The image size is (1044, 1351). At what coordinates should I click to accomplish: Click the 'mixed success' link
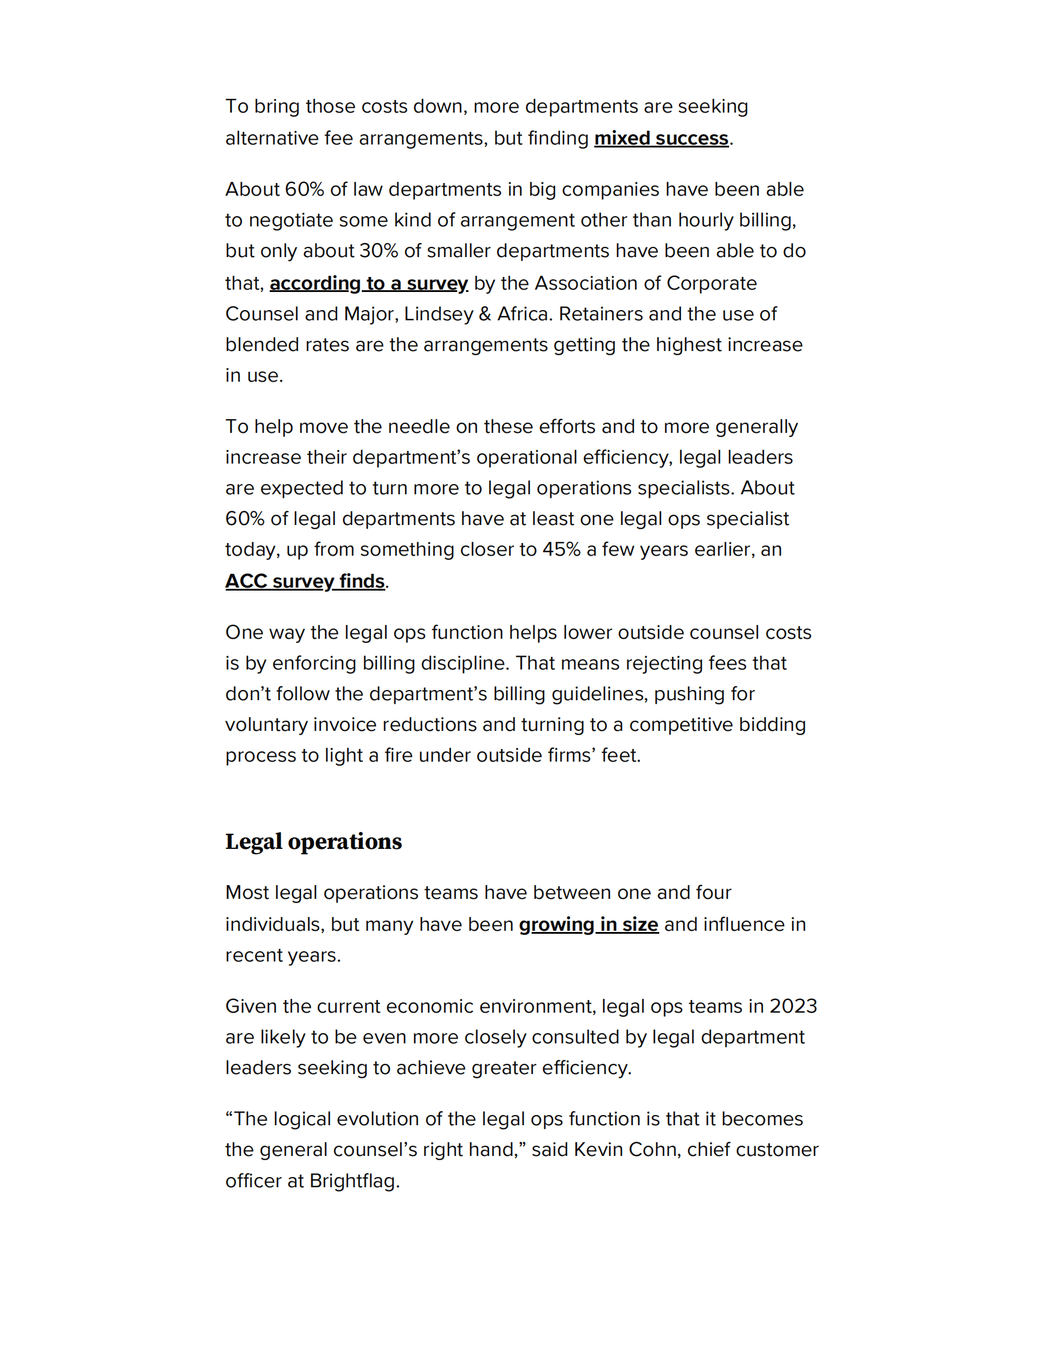point(660,138)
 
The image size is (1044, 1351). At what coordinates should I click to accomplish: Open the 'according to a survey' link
point(368,284)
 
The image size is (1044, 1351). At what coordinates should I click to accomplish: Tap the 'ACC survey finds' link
point(305,582)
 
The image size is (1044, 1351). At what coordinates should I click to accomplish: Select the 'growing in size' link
point(588,924)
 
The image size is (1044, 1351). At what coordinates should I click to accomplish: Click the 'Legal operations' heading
point(313,841)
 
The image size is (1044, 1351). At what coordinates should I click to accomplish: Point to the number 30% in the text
point(379,251)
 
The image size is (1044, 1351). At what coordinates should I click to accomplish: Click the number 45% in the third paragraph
point(561,549)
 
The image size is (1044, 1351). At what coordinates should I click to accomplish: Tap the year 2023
point(793,1007)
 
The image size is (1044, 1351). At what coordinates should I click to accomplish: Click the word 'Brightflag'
point(354,1181)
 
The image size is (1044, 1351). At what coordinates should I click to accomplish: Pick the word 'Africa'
point(523,314)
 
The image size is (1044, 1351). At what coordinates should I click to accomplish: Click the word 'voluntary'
point(266,724)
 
